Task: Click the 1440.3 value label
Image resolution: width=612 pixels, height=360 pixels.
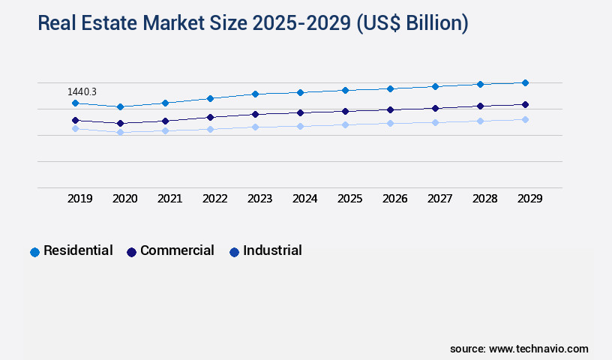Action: click(82, 91)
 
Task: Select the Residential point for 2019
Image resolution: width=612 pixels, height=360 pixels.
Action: click(75, 103)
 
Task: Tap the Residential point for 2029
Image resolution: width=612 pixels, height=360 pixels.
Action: click(525, 82)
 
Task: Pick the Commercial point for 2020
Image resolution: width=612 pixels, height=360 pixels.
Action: click(120, 123)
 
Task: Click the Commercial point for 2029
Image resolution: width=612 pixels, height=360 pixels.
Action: click(525, 104)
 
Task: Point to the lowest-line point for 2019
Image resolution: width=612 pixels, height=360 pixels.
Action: click(75, 128)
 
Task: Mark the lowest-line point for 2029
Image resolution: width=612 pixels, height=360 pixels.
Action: click(525, 119)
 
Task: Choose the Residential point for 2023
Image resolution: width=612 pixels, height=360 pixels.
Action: click(255, 94)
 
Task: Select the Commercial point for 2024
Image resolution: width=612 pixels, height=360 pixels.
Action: click(300, 112)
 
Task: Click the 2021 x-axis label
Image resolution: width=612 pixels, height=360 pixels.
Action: click(169, 199)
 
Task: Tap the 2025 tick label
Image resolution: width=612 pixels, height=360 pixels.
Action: click(349, 199)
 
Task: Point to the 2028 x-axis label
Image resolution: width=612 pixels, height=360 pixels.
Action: click(484, 199)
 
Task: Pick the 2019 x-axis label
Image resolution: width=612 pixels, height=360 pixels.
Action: click(79, 199)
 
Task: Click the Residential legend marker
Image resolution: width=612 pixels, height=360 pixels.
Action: click(34, 252)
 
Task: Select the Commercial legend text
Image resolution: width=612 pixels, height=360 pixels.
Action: click(177, 250)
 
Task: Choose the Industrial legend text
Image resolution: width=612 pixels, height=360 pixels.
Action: click(272, 250)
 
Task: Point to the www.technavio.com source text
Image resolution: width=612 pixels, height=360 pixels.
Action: click(538, 349)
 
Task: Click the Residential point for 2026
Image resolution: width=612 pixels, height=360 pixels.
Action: click(390, 88)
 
